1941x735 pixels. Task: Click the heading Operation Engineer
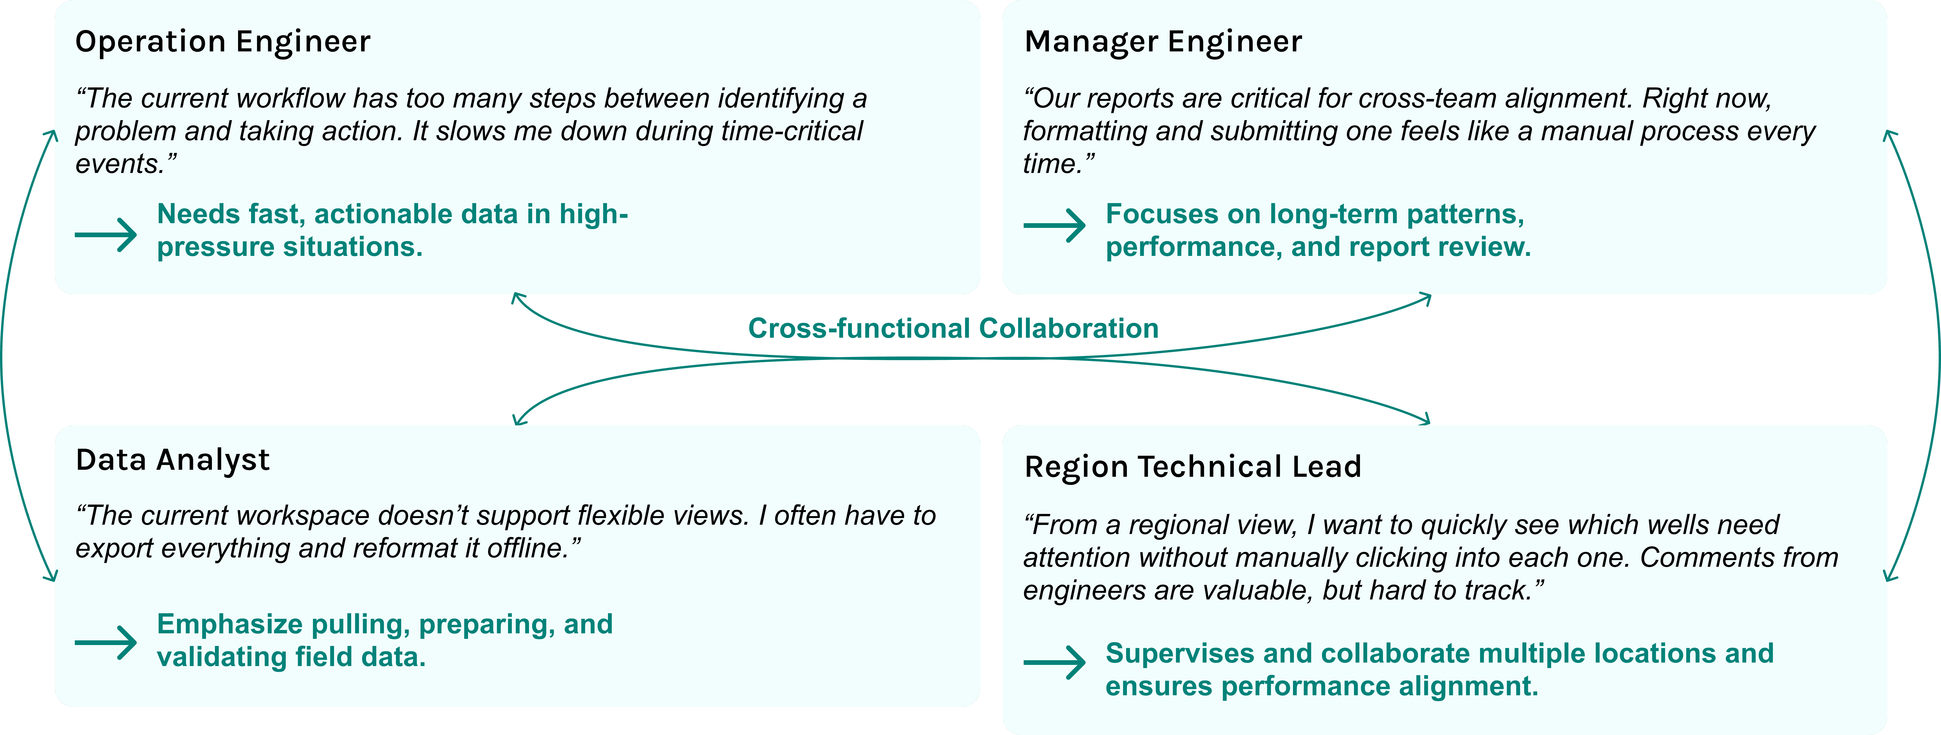pos(223,41)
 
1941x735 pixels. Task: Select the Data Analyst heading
pos(173,460)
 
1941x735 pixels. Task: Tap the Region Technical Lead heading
pos(1193,467)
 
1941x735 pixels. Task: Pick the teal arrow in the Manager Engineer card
pos(1054,225)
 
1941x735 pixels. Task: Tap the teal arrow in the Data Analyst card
pos(105,642)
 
